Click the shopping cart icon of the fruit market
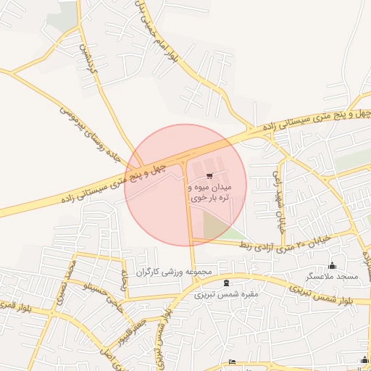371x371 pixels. (x=209, y=176)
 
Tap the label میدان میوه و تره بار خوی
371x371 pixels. (x=209, y=191)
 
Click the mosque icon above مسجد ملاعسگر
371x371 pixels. (x=333, y=265)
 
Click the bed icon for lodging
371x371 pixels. (x=232, y=362)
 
